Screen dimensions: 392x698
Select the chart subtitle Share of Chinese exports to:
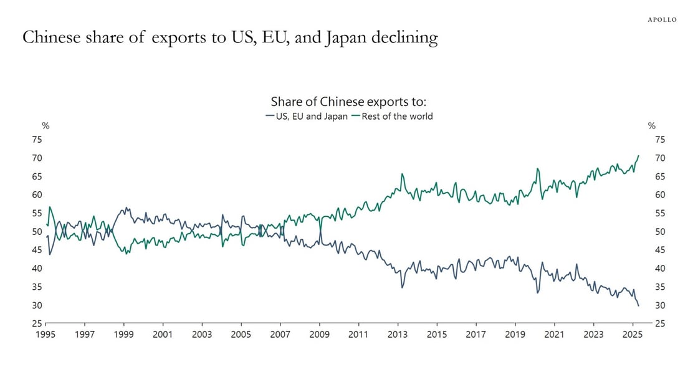point(348,102)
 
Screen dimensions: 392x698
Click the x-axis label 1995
point(46,335)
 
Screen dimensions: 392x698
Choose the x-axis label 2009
point(320,335)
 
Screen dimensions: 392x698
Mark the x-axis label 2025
point(633,335)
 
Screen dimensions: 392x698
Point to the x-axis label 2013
point(398,335)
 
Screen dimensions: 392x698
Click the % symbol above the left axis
point(45,126)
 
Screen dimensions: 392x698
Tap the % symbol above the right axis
point(652,126)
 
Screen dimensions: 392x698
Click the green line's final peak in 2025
point(638,156)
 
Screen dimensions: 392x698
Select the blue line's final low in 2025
point(638,306)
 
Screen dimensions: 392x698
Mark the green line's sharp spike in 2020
point(537,169)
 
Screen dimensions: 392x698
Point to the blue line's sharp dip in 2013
point(402,287)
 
